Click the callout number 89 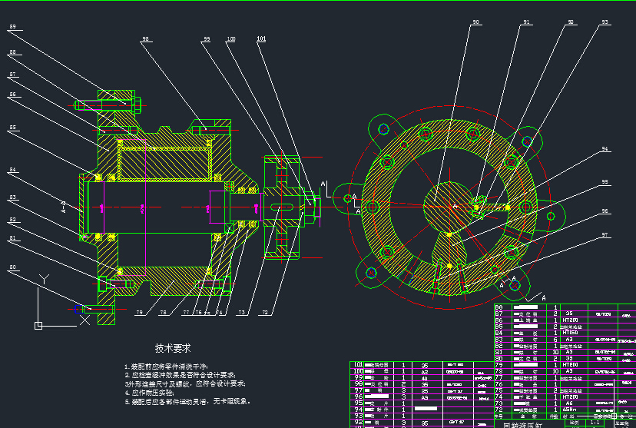coord(13,27)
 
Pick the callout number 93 coord(605,23)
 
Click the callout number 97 coord(605,234)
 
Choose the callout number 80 coord(12,267)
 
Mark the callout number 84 coord(12,170)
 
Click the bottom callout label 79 coord(140,313)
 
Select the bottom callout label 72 coord(265,313)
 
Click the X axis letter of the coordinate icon coord(83,323)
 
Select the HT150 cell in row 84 coord(570,332)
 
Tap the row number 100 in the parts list coord(357,371)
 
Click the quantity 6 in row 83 coord(555,339)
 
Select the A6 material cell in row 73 coord(569,402)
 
